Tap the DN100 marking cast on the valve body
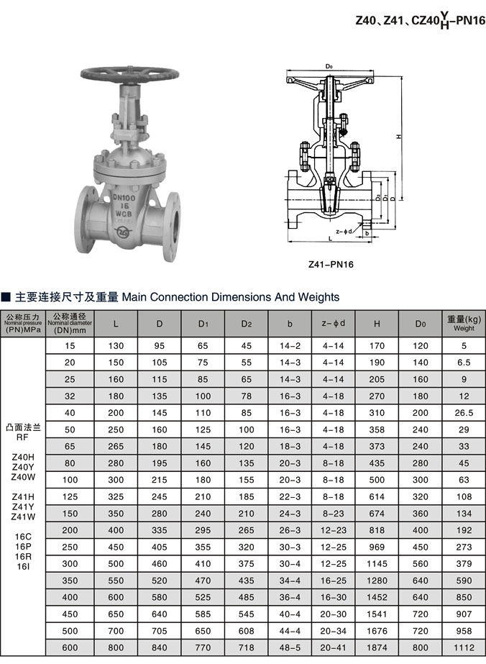coord(126,196)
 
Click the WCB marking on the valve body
coord(127,214)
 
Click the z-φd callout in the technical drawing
coord(343,231)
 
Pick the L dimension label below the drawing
coord(329,237)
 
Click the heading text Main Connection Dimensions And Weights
coord(230,296)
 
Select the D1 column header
coord(203,324)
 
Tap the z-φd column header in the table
coord(333,324)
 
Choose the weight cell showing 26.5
coord(464,414)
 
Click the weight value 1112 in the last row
coord(464,647)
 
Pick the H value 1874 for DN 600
coord(377,647)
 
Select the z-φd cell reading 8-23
coord(333,513)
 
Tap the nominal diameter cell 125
coord(70,496)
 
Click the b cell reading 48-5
coord(290,647)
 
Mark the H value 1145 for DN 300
coord(377,563)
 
